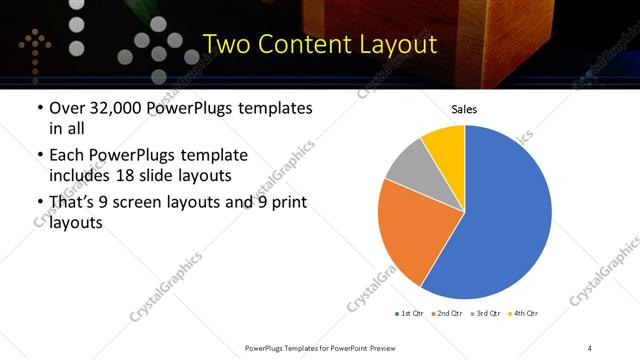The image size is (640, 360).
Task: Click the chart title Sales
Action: tap(464, 109)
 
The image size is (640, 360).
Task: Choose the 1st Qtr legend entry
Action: tap(411, 314)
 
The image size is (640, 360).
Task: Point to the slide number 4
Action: tap(590, 348)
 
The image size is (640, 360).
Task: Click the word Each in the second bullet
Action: tap(65, 155)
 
